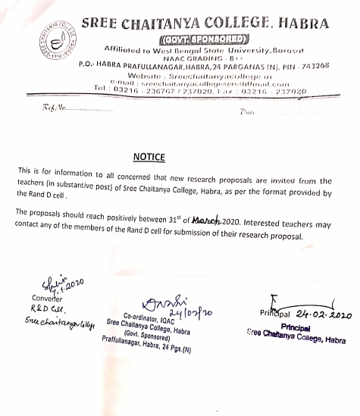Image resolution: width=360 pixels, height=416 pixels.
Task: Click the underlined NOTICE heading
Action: tap(149, 156)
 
